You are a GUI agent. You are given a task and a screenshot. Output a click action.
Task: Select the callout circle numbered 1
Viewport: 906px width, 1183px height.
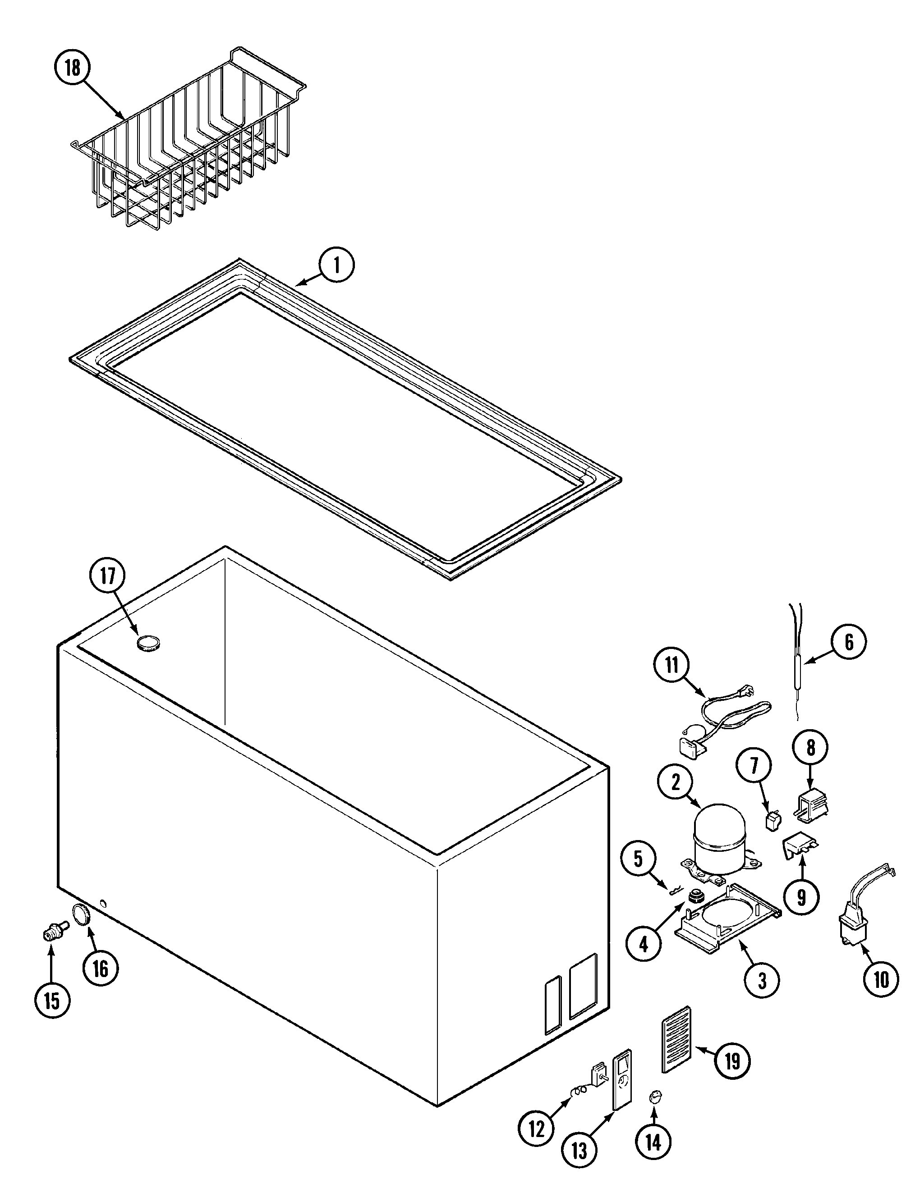click(336, 265)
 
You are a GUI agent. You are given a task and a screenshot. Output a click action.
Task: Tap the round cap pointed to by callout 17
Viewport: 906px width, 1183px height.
click(148, 643)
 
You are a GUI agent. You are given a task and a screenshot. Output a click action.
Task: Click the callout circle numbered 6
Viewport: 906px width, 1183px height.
click(849, 642)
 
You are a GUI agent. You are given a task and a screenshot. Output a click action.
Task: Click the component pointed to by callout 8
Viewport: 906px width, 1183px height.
click(812, 808)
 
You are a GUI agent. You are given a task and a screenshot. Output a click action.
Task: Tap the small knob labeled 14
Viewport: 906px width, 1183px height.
click(656, 1097)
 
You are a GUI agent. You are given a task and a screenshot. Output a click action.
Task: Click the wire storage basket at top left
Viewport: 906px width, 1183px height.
click(189, 146)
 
